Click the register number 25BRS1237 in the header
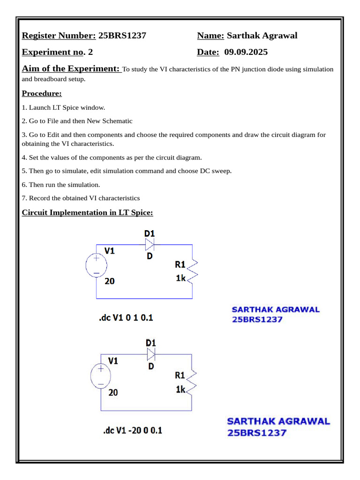click(122, 36)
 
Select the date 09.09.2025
click(246, 52)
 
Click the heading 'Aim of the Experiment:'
click(71, 69)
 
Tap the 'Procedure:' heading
click(42, 93)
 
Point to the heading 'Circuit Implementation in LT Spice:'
click(88, 212)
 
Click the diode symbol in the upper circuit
click(150, 244)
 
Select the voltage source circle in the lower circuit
click(100, 376)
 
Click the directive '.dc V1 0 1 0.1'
click(126, 318)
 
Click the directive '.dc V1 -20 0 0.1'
click(133, 430)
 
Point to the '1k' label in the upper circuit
click(181, 278)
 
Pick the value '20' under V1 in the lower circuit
click(113, 392)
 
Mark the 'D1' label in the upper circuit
click(150, 233)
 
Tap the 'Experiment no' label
click(53, 52)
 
